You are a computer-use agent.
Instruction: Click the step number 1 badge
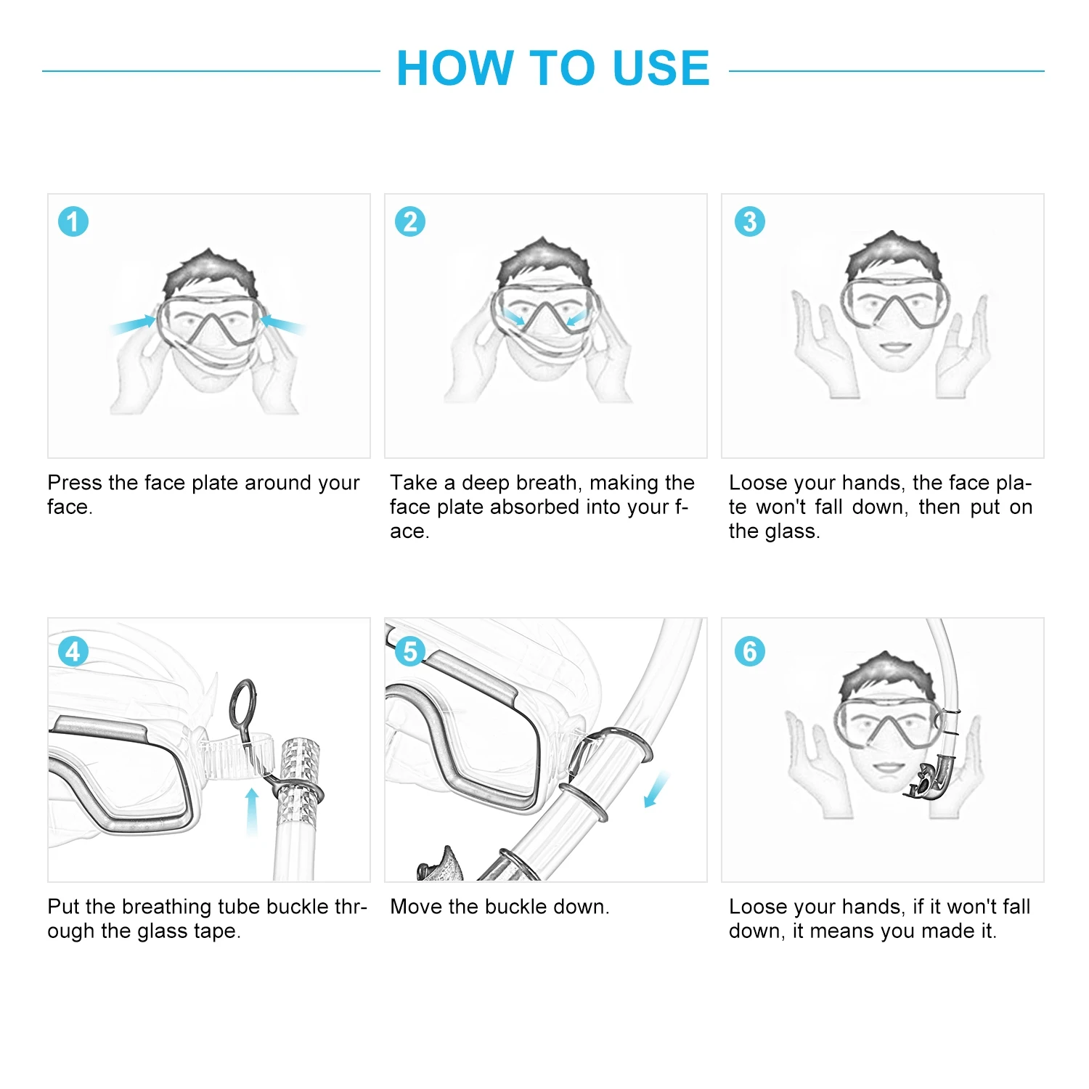click(x=73, y=221)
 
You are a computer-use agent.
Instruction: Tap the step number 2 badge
click(x=410, y=221)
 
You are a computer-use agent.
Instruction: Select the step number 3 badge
click(x=750, y=221)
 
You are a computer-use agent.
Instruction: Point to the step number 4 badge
click(x=73, y=651)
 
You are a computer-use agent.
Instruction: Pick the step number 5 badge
click(x=410, y=651)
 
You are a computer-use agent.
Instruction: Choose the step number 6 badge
click(x=750, y=651)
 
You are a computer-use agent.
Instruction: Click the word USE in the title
click(x=661, y=68)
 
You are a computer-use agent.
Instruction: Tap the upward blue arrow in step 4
click(x=252, y=811)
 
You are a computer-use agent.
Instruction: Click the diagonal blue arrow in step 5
click(x=656, y=790)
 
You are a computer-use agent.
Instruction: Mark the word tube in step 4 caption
click(x=239, y=907)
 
